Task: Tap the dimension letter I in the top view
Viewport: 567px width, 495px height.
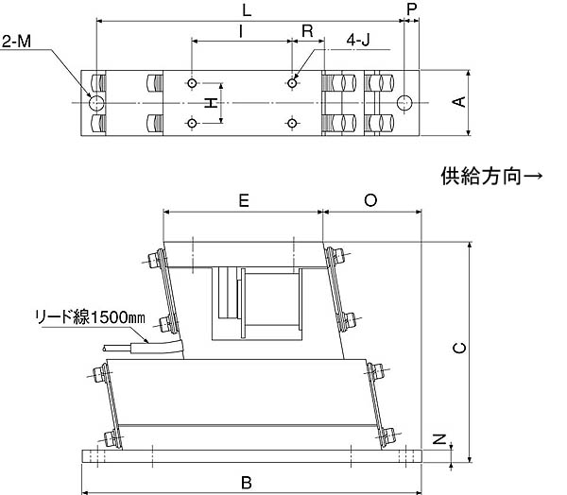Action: (x=242, y=31)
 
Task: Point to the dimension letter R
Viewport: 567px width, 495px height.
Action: (x=307, y=31)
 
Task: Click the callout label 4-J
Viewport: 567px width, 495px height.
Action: (x=359, y=41)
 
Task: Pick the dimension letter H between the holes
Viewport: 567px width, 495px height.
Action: (x=214, y=102)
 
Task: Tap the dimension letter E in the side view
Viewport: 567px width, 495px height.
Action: (x=243, y=201)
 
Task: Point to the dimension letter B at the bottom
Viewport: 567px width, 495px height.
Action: (x=247, y=482)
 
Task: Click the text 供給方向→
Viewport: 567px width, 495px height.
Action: (x=490, y=176)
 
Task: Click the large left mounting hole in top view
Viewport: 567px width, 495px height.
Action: (x=96, y=102)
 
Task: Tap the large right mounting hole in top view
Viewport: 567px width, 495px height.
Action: (x=404, y=102)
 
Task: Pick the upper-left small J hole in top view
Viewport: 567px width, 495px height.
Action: (x=193, y=81)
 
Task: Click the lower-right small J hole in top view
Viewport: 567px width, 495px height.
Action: (x=293, y=123)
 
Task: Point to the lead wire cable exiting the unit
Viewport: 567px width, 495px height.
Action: (x=142, y=348)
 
